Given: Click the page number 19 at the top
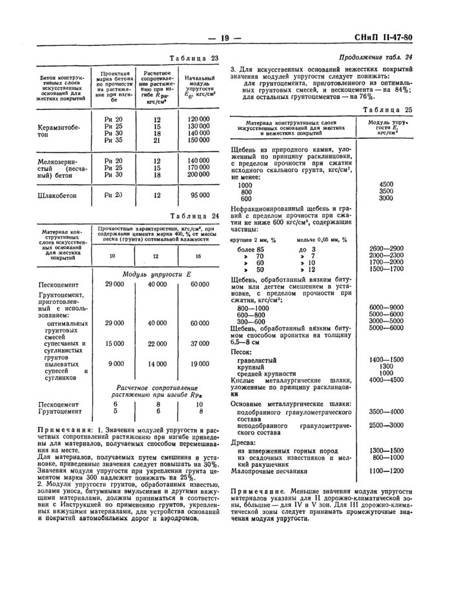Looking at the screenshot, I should pyautogui.click(x=225, y=38).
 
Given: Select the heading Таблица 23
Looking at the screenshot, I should pyautogui.click(x=193, y=59).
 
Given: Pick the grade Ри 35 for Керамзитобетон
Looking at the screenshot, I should pyautogui.click(x=113, y=140).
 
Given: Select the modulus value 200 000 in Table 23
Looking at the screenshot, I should pyautogui.click(x=199, y=175).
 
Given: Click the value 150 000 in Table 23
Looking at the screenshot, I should pyautogui.click(x=199, y=140).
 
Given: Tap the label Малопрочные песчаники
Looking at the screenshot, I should pyautogui.click(x=267, y=471).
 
